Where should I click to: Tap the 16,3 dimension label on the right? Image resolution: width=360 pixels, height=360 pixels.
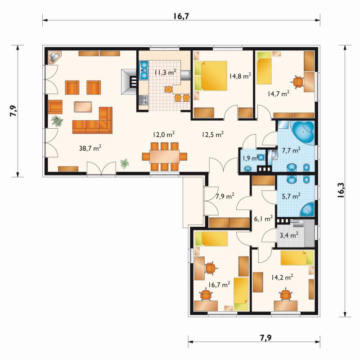click(x=341, y=190)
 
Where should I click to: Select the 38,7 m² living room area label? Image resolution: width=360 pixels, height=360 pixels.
click(x=90, y=148)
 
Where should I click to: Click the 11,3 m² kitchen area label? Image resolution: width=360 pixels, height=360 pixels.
click(x=165, y=72)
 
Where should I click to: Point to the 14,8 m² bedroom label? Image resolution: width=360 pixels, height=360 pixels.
click(x=240, y=76)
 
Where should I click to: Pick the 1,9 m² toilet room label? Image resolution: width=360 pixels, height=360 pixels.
click(x=251, y=158)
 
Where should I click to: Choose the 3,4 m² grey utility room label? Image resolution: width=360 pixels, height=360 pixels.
click(x=289, y=235)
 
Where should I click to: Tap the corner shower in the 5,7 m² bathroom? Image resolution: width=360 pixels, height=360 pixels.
click(x=307, y=209)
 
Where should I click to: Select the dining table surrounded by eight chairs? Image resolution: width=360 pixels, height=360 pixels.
click(x=164, y=156)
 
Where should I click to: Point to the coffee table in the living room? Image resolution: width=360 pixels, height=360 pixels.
click(x=83, y=107)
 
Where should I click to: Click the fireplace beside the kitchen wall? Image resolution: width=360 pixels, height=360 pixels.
click(x=129, y=81)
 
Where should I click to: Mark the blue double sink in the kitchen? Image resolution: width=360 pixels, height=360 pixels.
click(x=144, y=70)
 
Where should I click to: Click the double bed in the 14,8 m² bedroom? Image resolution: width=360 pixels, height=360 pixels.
click(x=211, y=76)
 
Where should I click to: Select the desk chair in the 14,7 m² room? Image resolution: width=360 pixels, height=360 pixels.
click(x=298, y=82)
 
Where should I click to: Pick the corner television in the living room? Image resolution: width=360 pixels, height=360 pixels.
click(x=55, y=57)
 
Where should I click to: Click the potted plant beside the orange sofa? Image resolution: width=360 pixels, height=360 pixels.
click(x=57, y=121)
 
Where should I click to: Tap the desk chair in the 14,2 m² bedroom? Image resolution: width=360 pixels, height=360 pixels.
click(x=285, y=294)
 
